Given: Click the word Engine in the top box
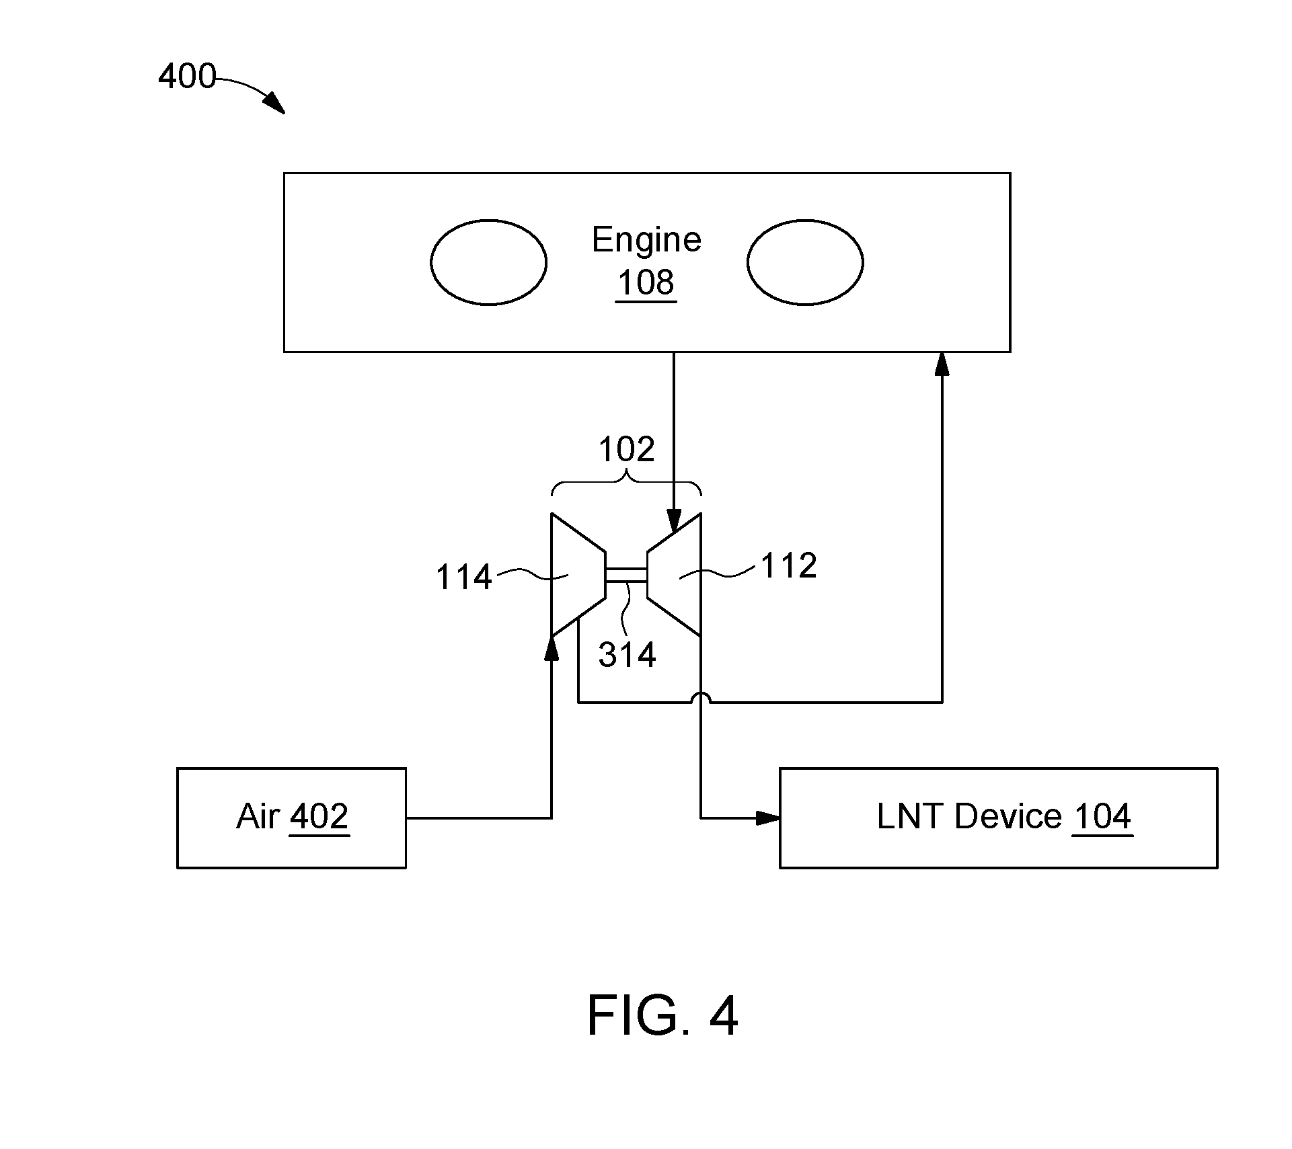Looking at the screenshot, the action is tap(646, 241).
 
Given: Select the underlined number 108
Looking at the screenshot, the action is tap(646, 283).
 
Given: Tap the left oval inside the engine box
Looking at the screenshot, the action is tap(488, 262).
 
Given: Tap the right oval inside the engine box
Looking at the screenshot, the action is tap(805, 262).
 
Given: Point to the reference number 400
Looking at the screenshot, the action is tap(187, 76).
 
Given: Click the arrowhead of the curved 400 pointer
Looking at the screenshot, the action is tap(275, 104).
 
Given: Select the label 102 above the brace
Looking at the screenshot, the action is tap(626, 449).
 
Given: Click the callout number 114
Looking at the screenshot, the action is tap(464, 577).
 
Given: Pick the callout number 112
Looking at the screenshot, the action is tap(789, 566).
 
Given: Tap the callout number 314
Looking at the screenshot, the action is tap(627, 655).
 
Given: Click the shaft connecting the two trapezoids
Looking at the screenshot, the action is tap(626, 575).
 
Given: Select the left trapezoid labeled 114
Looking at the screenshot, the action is tap(578, 575).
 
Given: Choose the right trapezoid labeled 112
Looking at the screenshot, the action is tap(674, 575).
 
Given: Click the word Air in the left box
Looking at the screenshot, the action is tap(258, 817).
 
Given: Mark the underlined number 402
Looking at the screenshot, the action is tap(319, 817).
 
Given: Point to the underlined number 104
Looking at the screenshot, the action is tap(1102, 817).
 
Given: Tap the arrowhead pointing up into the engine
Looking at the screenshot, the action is tap(942, 364).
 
